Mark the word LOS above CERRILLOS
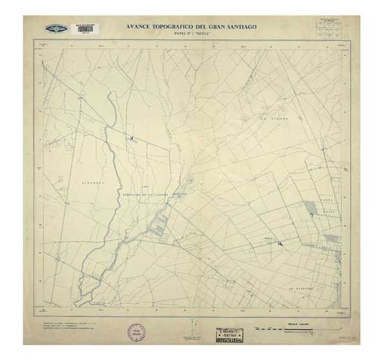click(x=153, y=170)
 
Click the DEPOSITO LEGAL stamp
click(x=230, y=336)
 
